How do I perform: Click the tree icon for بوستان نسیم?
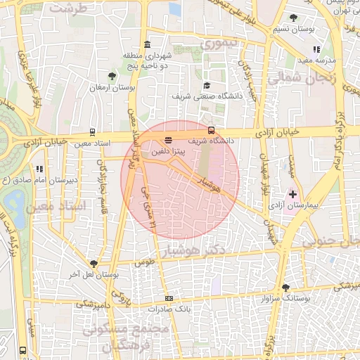click(x=293, y=18)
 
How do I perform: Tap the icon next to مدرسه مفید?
click(x=316, y=50)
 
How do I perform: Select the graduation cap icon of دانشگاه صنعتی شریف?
click(x=207, y=85)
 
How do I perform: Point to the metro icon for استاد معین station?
click(x=93, y=132)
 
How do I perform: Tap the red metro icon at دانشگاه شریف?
click(x=212, y=129)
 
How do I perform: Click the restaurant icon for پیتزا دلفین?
click(x=167, y=141)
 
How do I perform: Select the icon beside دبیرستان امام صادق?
click(x=39, y=169)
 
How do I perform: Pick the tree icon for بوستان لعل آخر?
click(x=93, y=264)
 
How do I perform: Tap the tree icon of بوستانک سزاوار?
click(x=285, y=288)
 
